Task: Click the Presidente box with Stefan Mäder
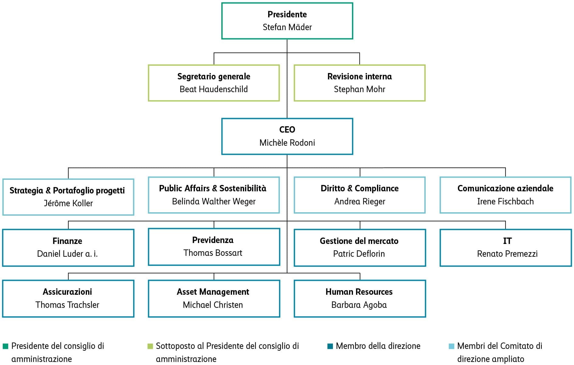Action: coord(287,21)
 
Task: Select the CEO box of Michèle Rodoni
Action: coord(287,136)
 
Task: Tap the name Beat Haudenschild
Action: coord(213,89)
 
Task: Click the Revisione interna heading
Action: coord(359,76)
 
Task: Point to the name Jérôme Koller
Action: coord(68,203)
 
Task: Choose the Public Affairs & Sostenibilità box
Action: coord(213,195)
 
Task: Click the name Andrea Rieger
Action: coord(359,201)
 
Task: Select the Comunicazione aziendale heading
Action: coord(505,188)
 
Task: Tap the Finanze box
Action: coord(68,248)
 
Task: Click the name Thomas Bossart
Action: coord(213,253)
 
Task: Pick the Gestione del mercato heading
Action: coord(359,241)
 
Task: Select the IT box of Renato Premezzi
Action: coord(505,248)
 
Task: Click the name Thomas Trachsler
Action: coord(67,305)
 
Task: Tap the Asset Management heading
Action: coord(213,292)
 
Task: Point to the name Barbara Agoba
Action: coord(359,305)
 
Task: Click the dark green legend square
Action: coord(5,346)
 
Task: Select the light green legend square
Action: coord(150,346)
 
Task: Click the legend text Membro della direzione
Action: coord(378,346)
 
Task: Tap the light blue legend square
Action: coord(451,346)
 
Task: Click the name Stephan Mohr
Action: coord(359,89)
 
